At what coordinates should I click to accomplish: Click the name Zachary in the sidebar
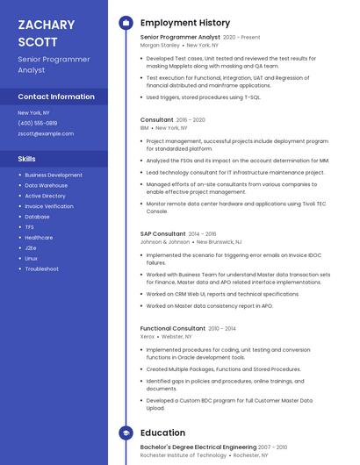pos(46,25)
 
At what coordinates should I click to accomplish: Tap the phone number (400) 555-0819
pos(38,123)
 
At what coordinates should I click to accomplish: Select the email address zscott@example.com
pos(46,133)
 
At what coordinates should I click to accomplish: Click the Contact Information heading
pos(56,97)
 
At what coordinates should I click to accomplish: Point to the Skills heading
pos(26,159)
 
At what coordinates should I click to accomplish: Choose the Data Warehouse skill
pos(46,185)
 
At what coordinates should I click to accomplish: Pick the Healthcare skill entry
pos(39,237)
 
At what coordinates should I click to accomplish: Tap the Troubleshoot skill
pos(41,268)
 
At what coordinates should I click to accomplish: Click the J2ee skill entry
pos(31,247)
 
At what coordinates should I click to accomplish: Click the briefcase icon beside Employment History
pos(126,23)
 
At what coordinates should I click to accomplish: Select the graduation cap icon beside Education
pos(126,433)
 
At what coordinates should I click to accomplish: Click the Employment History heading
pos(185,23)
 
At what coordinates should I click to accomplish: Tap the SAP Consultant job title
pos(163,234)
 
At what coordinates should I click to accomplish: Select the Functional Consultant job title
pos(173,328)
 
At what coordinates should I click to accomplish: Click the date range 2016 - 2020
pos(191,119)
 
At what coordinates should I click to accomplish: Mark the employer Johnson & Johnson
pos(165,241)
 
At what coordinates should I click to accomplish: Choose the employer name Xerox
pos(148,336)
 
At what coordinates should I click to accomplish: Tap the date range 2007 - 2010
pos(273,447)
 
